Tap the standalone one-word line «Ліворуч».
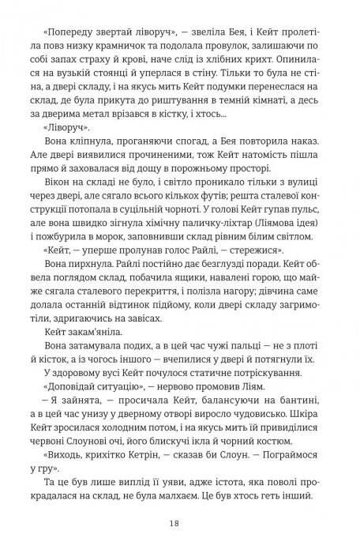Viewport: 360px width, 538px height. [x=60, y=129]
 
